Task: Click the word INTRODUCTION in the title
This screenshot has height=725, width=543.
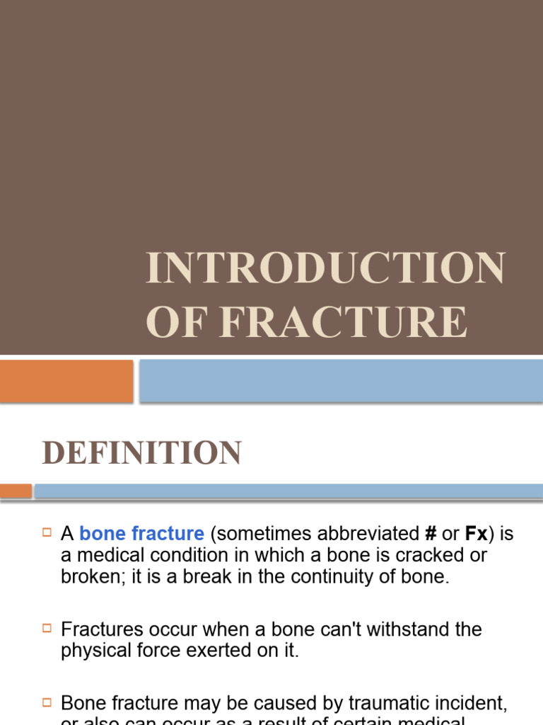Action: coord(325,269)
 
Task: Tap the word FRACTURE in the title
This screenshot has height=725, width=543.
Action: coord(344,322)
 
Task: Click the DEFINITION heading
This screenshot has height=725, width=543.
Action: coord(142,453)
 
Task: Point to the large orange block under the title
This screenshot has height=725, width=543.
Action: coord(66,381)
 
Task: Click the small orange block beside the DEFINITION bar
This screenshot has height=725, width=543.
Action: coord(16,491)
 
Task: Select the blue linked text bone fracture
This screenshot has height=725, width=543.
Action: coord(142,534)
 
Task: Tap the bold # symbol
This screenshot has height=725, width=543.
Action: coord(430,534)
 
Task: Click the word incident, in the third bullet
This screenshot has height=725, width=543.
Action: coord(476,704)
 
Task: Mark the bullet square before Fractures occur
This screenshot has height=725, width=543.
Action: coord(47,629)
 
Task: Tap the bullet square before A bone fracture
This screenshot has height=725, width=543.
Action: coord(47,533)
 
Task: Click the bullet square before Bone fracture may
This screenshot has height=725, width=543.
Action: coord(47,703)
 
